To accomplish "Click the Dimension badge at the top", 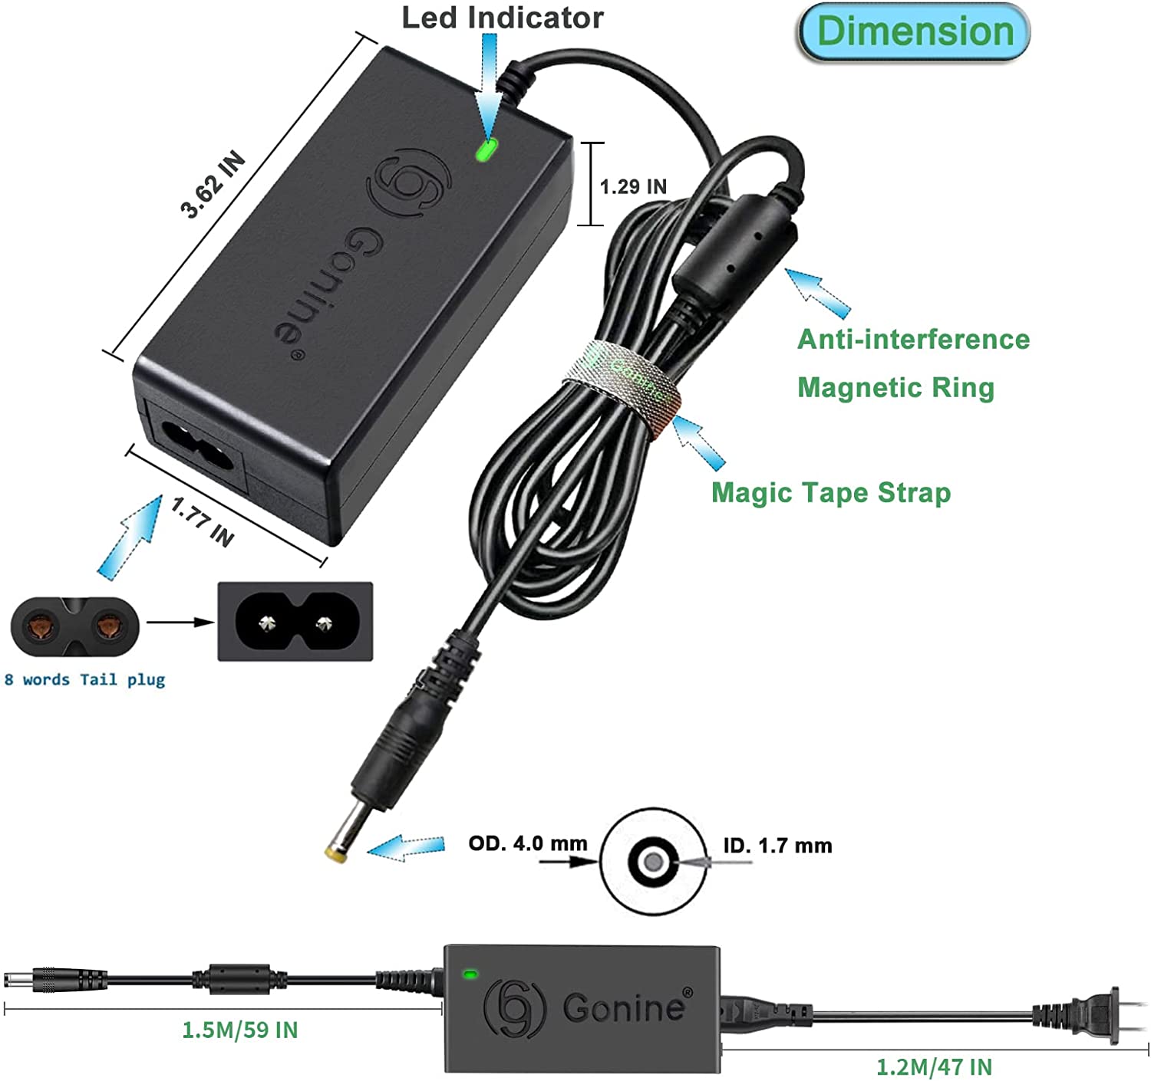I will pos(914,32).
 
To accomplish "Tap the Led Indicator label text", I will pos(503,18).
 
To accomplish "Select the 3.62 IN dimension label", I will pos(213,185).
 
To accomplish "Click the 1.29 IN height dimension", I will pos(632,186).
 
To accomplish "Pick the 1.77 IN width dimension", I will pos(202,521).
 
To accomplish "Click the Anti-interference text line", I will pos(913,339).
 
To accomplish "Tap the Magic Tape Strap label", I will pos(831,492).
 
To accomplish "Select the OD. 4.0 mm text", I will pos(528,843).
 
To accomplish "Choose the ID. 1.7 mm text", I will pos(777,846).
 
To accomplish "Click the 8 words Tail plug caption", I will pos(84,679).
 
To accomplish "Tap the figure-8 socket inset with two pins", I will pos(295,621).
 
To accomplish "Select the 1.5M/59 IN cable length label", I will pos(239,1030).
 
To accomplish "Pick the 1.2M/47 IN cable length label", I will pos(934,1066).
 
